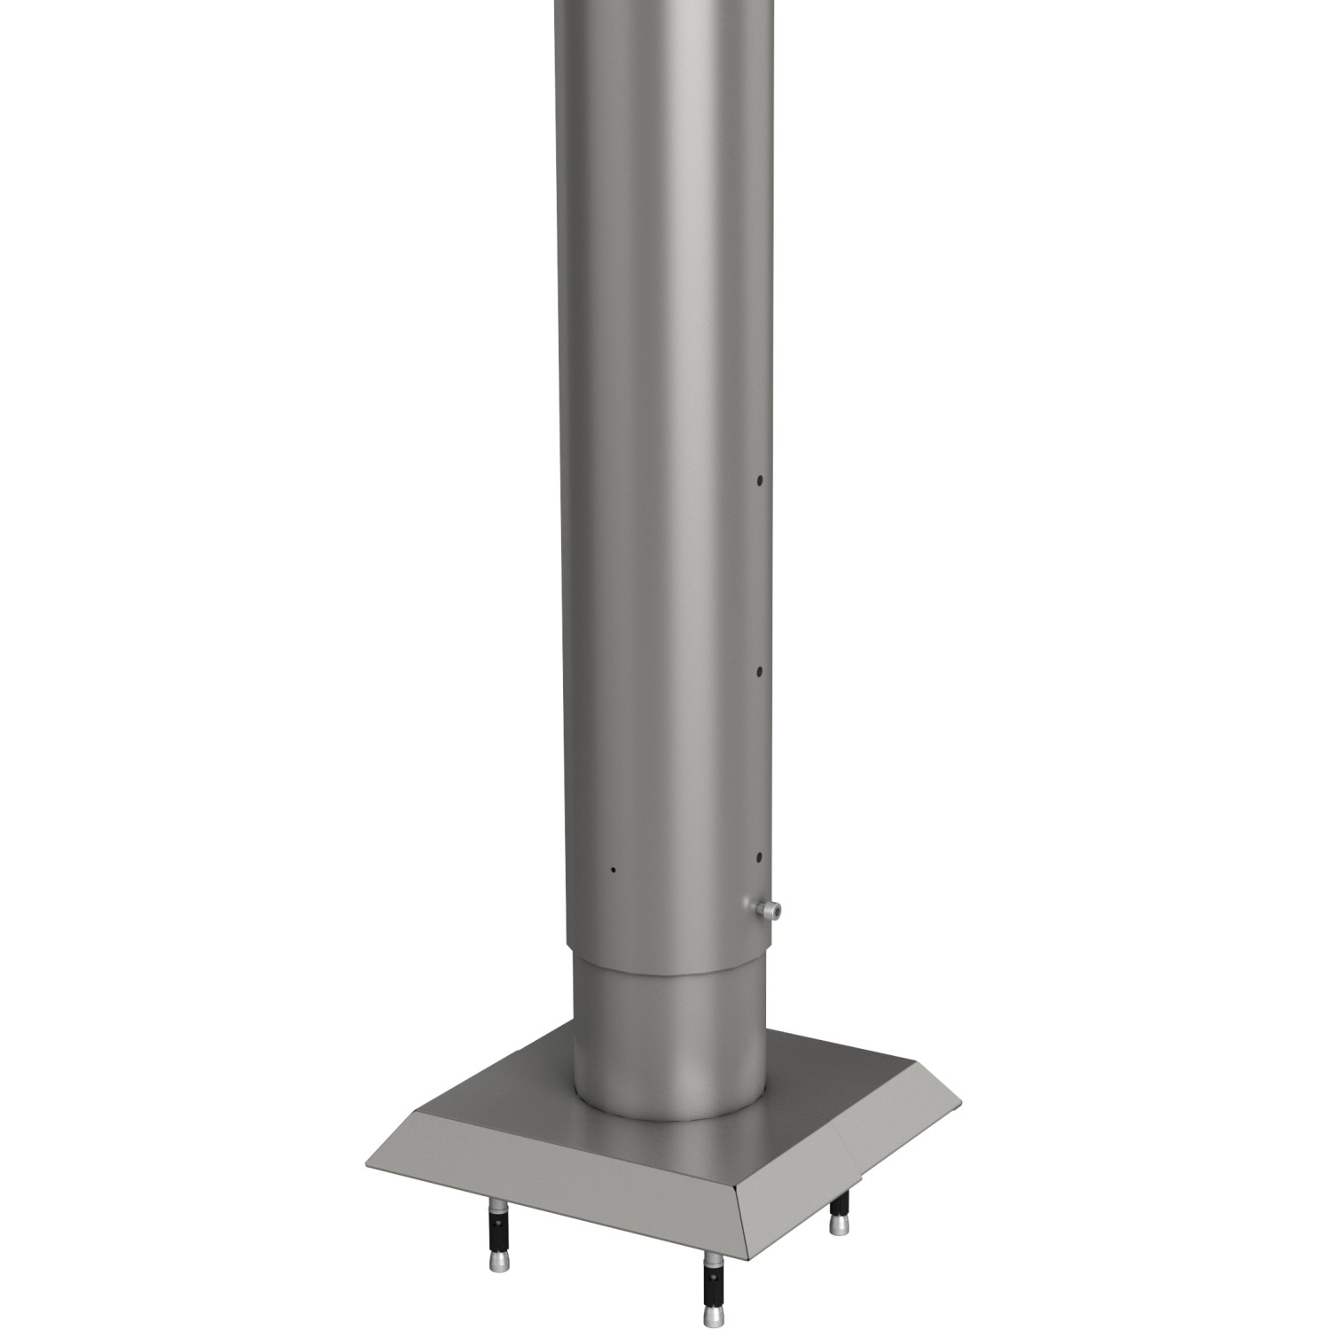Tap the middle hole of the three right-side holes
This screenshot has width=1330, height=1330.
[x=760, y=672]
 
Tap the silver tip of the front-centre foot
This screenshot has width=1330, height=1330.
[x=712, y=1313]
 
